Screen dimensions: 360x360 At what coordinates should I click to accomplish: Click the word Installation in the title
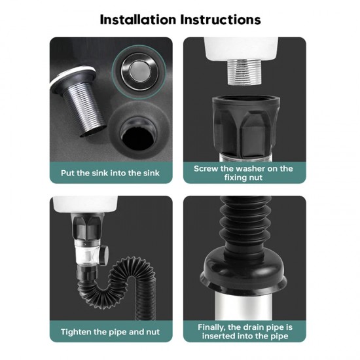[x=137, y=20]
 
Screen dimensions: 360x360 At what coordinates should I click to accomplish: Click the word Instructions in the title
[x=221, y=20]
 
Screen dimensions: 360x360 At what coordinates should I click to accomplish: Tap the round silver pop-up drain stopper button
[x=139, y=71]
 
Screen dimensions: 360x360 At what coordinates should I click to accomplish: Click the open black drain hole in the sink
[x=138, y=137]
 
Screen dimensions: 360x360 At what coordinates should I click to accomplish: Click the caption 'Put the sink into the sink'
[x=110, y=173]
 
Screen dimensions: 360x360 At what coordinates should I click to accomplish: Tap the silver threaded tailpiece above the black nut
[x=244, y=72]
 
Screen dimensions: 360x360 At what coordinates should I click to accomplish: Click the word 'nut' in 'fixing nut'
[x=255, y=177]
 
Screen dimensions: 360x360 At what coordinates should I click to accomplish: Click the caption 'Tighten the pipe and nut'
[x=110, y=332]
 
